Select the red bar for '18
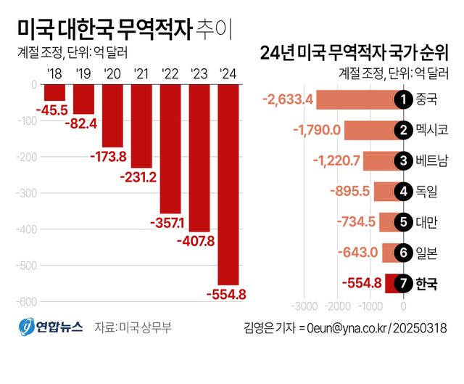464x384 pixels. pyautogui.click(x=54, y=92)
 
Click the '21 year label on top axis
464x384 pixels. pyautogui.click(x=142, y=73)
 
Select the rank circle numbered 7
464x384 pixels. pyautogui.click(x=401, y=284)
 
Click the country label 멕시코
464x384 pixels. pyautogui.click(x=432, y=130)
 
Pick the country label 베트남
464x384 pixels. pyautogui.click(x=432, y=160)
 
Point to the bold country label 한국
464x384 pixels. pyautogui.click(x=427, y=284)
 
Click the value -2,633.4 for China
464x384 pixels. pyautogui.click(x=288, y=99)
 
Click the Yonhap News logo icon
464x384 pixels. pyautogui.click(x=26, y=327)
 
